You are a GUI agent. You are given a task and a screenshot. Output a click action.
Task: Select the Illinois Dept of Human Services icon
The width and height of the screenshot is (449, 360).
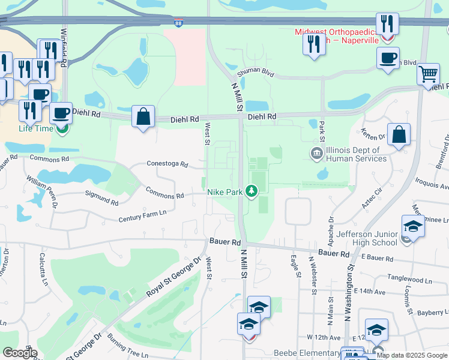click(x=316, y=154)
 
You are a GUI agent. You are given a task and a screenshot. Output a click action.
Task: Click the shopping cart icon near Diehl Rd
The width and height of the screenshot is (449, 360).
click(x=428, y=74)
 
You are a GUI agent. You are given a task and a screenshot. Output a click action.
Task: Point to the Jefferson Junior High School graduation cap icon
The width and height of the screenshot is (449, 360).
click(x=413, y=226)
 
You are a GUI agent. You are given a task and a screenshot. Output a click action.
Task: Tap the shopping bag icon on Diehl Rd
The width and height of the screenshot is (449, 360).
click(x=143, y=116)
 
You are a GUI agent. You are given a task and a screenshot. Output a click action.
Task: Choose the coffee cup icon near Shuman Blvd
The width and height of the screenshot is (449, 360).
click(x=388, y=58)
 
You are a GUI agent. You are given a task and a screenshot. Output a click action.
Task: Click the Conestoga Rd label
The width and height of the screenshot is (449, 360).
click(x=167, y=164)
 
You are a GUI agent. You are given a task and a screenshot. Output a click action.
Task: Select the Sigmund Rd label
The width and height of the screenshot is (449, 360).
click(x=101, y=197)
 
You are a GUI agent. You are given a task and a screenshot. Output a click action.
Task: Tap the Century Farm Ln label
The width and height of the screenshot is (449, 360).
click(x=142, y=216)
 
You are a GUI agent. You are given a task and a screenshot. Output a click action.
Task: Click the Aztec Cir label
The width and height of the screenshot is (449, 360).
click(x=370, y=197)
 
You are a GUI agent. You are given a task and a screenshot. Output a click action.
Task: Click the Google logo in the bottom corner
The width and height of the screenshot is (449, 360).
click(x=19, y=353)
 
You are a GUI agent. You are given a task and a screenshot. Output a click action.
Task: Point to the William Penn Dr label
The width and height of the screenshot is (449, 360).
click(x=42, y=190)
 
